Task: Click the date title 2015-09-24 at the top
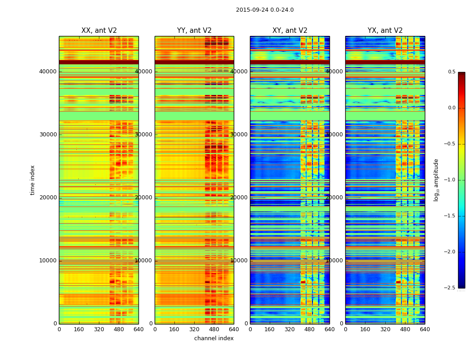point(265,10)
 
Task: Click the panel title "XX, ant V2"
point(99,31)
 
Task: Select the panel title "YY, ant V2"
point(194,31)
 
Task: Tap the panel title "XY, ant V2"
point(290,31)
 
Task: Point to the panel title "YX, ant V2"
point(385,31)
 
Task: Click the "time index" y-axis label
point(32,180)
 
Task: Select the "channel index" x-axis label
point(214,338)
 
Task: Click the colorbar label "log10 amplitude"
point(436,180)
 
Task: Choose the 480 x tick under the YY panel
point(214,329)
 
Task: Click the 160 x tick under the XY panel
point(270,329)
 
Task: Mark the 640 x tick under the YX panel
point(425,329)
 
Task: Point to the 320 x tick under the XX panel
point(99,329)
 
